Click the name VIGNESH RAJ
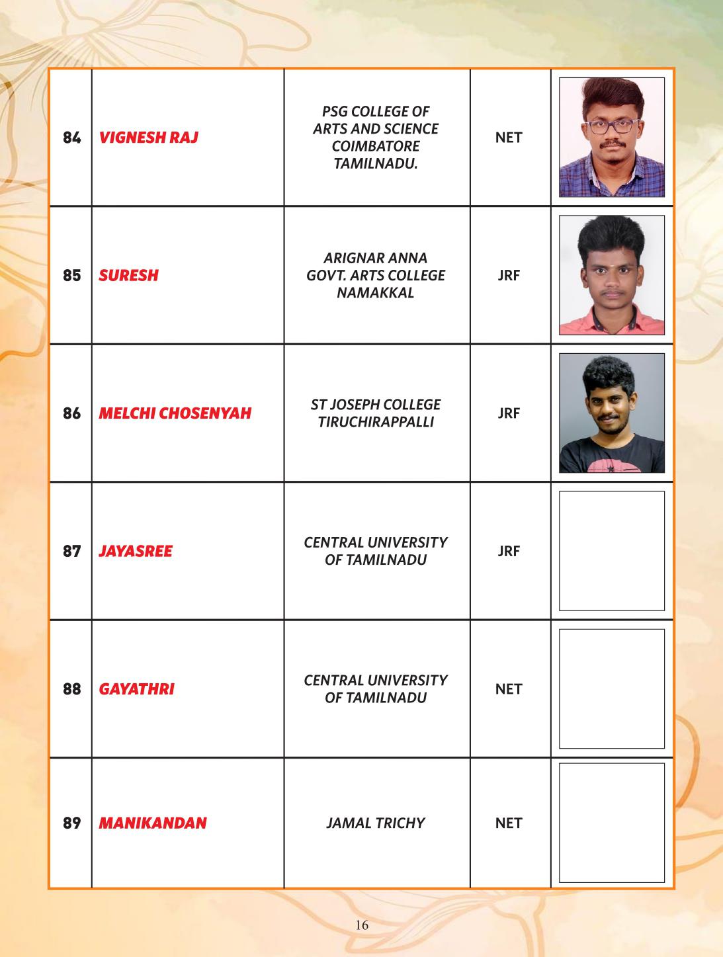(148, 138)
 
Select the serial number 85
(71, 275)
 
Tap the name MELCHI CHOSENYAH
(175, 413)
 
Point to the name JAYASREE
(135, 551)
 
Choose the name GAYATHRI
(136, 689)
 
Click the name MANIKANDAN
(152, 823)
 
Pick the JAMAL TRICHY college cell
(376, 823)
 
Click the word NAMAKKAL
(376, 293)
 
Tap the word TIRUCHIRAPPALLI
(376, 422)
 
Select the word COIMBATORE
(376, 146)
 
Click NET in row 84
(509, 138)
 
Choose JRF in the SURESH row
(509, 275)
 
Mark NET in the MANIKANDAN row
(509, 823)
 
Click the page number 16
(362, 925)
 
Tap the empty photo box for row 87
(611, 551)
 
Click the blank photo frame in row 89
(611, 823)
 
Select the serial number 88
(71, 689)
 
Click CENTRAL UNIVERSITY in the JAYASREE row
(376, 542)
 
